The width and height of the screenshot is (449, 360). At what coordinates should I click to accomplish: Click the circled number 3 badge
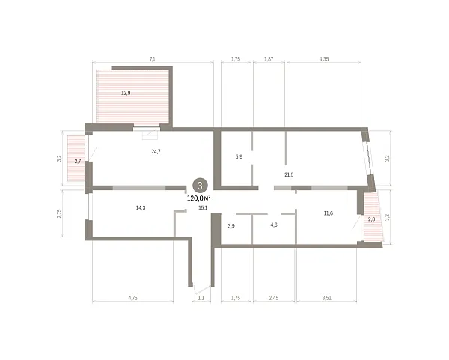point(200,186)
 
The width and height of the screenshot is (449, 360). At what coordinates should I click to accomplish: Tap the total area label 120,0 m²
point(199,198)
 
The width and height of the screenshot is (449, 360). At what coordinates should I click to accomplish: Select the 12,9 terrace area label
point(126,93)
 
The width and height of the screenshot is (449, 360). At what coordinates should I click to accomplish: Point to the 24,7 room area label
point(156,151)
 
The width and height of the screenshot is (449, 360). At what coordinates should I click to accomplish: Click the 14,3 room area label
point(141,207)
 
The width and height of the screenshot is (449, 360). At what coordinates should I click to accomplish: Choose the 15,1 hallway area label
point(203,207)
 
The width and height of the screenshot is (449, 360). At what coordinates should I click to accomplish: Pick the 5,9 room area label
point(239,156)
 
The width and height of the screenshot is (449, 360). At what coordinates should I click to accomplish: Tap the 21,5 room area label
point(289,174)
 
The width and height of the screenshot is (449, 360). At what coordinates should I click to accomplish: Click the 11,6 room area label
point(329,213)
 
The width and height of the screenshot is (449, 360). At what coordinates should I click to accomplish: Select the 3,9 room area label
point(231,226)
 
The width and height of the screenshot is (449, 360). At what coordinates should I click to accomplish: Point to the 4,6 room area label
point(274,225)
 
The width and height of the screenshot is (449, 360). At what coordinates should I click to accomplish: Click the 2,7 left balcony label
point(78,161)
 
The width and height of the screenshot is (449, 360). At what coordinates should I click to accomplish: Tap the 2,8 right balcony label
point(371,219)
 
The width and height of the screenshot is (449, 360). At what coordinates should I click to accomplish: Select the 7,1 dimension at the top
point(153,59)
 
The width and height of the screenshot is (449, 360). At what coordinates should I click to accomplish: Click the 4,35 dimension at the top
point(324,59)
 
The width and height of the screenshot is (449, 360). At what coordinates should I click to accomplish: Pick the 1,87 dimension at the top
point(269,59)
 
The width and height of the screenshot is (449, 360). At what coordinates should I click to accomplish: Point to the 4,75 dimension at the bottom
point(133,298)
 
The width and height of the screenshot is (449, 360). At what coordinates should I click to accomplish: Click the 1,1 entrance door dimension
point(201,298)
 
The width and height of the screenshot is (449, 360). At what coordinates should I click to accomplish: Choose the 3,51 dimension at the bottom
point(326,298)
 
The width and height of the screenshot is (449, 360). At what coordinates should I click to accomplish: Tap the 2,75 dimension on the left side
point(59,213)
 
